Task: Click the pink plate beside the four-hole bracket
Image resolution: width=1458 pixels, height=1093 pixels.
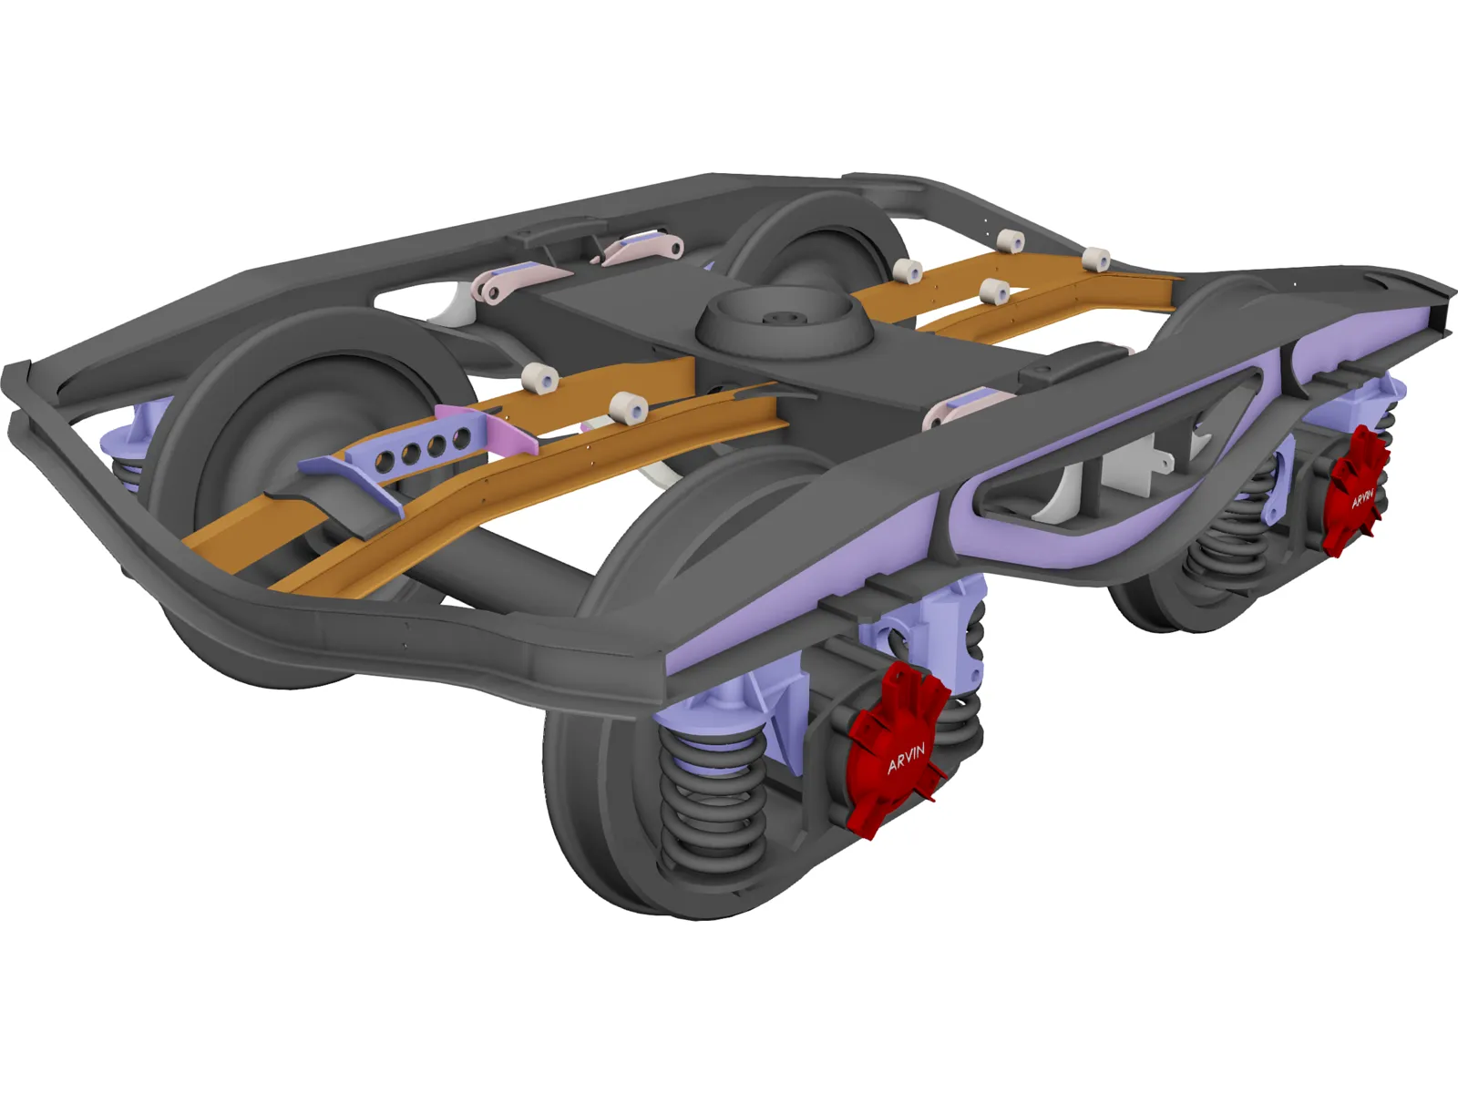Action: click(x=510, y=435)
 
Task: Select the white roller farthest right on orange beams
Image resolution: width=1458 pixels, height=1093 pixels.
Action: click(x=1097, y=259)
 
